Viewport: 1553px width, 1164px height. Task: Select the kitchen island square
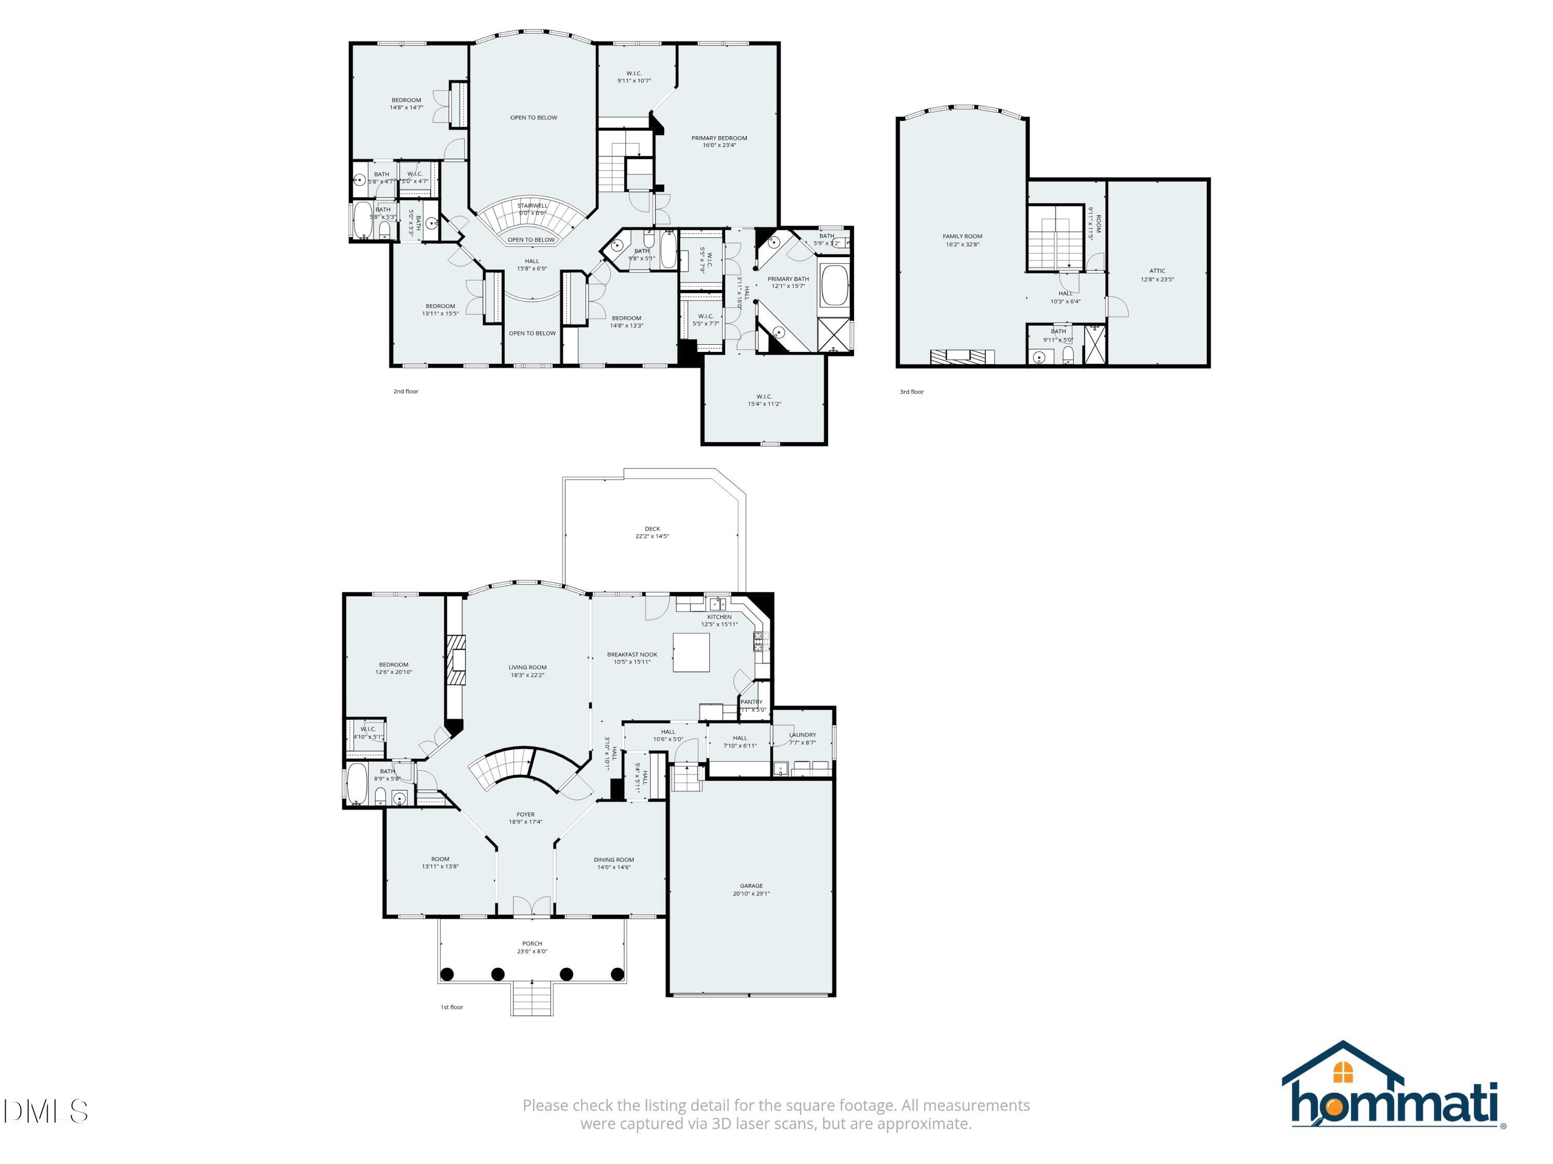coord(691,652)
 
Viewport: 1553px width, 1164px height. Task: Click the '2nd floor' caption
coord(406,391)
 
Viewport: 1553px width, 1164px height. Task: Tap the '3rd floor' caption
coord(911,392)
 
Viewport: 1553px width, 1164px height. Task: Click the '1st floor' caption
coord(451,1007)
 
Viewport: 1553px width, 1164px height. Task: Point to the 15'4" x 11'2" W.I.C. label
coord(764,400)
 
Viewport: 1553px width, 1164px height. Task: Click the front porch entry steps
coord(532,998)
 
